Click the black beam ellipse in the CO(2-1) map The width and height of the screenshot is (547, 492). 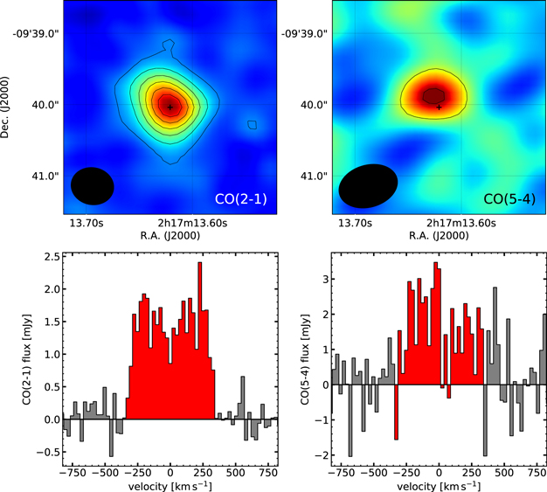tap(93, 185)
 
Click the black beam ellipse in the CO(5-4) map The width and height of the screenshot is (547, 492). tap(368, 185)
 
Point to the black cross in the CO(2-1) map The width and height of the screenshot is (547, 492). tap(170, 106)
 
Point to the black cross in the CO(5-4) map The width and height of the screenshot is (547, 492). tap(439, 107)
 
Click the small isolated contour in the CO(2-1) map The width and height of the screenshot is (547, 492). tap(252, 125)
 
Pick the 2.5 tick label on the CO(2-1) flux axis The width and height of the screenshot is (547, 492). tap(51, 256)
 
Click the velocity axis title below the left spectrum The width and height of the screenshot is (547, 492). tap(170, 484)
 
